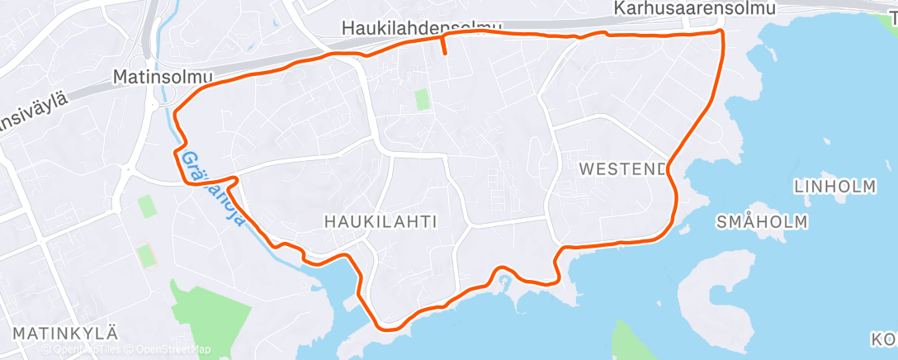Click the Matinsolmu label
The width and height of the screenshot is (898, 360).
(x=163, y=77)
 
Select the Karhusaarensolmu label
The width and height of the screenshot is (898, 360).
(x=696, y=9)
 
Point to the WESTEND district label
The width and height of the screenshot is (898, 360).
(x=623, y=169)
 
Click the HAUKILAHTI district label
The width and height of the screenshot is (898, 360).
(x=380, y=220)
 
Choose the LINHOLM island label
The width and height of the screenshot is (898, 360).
(x=834, y=187)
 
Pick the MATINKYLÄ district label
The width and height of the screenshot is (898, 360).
(x=66, y=333)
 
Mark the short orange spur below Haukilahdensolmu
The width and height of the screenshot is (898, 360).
(x=444, y=45)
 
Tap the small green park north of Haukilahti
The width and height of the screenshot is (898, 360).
(x=422, y=99)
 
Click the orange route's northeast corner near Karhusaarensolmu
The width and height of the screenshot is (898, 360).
(x=721, y=32)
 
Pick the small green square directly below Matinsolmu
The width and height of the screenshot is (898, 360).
(x=147, y=206)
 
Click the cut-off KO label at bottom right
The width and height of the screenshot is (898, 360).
(x=884, y=339)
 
